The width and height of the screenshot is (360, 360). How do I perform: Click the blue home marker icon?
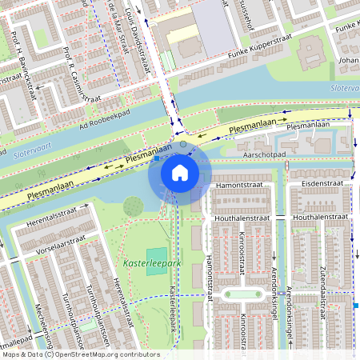(x=179, y=172)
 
